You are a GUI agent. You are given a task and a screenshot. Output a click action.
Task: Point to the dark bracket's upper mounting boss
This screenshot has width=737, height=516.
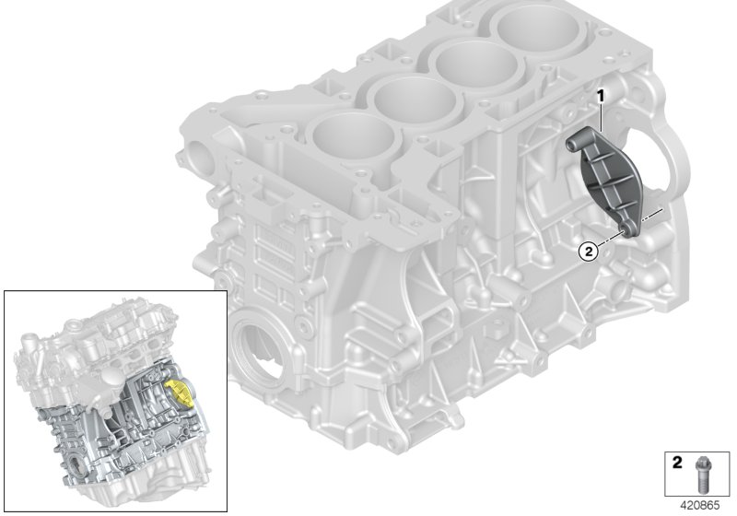[579, 141]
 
